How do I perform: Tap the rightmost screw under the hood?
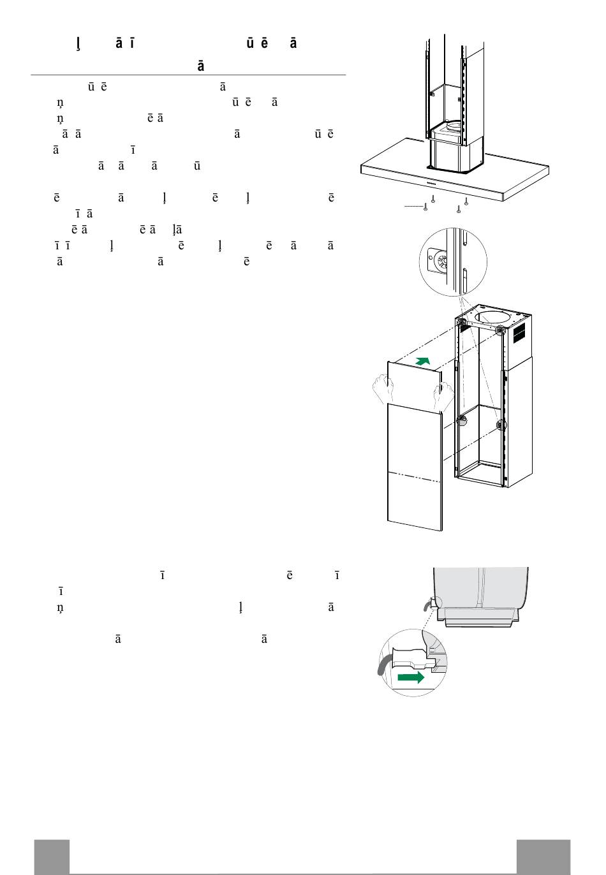[x=466, y=202]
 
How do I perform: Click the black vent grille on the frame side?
[x=519, y=333]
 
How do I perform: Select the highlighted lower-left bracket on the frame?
[x=462, y=420]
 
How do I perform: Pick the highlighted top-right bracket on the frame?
[x=501, y=330]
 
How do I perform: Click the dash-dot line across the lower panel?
[x=414, y=476]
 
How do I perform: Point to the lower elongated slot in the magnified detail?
[x=464, y=279]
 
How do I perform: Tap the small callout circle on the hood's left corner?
[x=433, y=603]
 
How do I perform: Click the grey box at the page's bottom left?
[x=52, y=857]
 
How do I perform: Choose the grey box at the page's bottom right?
[x=543, y=857]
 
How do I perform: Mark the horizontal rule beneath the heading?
[x=188, y=75]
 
